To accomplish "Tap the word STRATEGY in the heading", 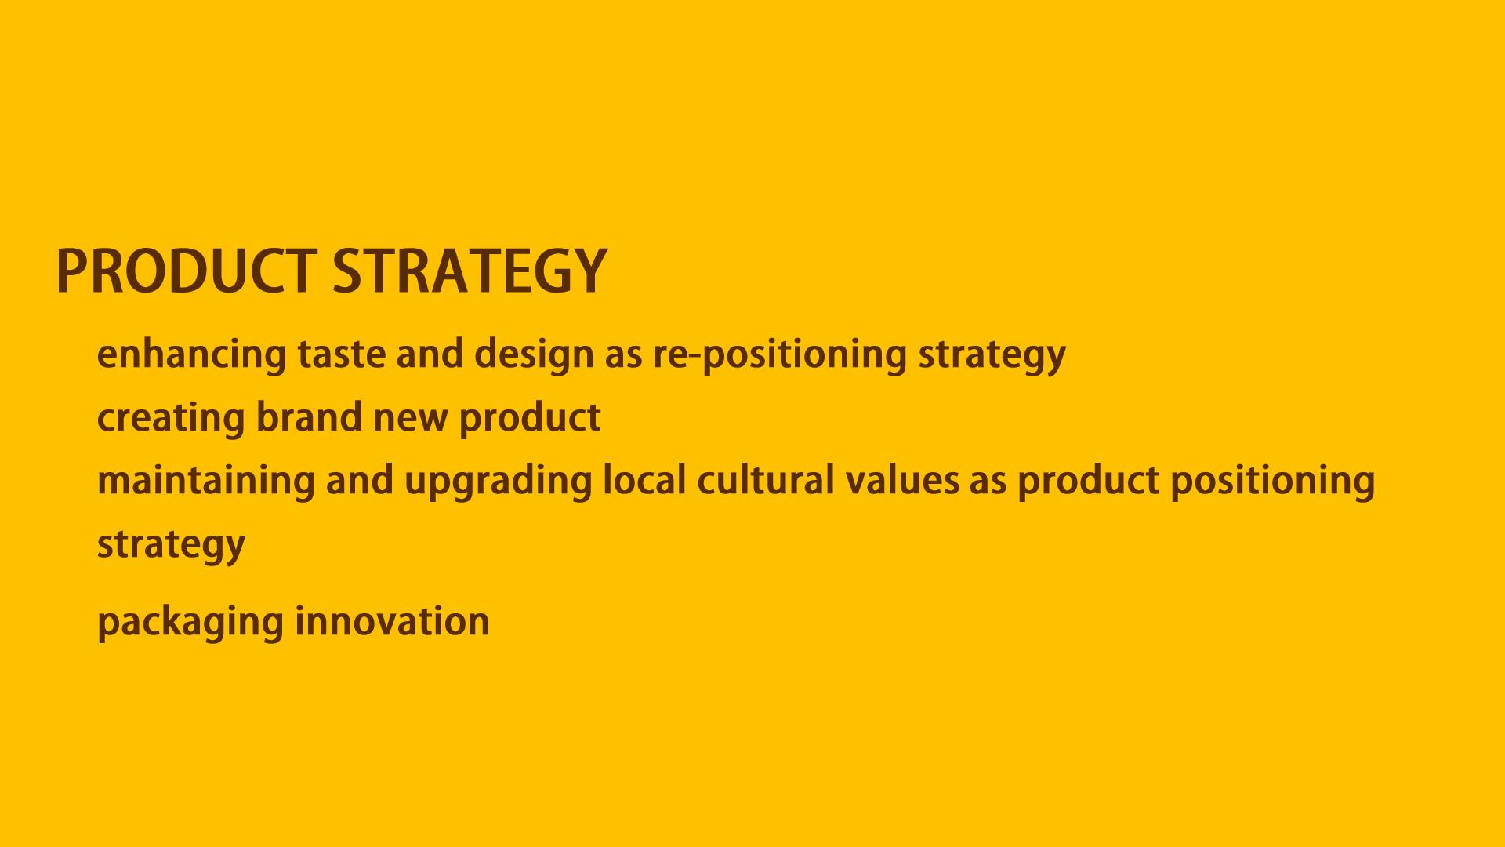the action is click(x=470, y=271).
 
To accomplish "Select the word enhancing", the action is click(x=192, y=354).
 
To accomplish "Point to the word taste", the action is click(x=342, y=354).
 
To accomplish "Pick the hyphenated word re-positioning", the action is click(x=780, y=354).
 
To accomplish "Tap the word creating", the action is click(x=171, y=418).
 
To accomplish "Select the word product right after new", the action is click(x=530, y=418).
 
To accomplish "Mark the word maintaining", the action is click(x=206, y=481).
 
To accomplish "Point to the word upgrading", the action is click(x=498, y=481).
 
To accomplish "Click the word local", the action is click(x=644, y=479).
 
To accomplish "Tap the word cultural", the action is click(x=766, y=479).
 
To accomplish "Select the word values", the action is click(x=902, y=479).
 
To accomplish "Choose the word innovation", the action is click(x=392, y=621).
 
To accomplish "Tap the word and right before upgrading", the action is click(x=360, y=479).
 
